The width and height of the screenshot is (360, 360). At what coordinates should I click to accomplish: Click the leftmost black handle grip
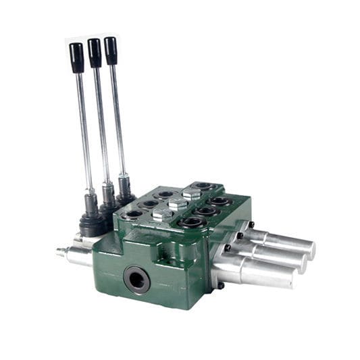(77, 57)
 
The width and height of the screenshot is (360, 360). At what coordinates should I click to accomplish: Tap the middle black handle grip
(95, 51)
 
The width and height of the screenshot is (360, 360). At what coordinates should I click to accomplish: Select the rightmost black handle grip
(111, 49)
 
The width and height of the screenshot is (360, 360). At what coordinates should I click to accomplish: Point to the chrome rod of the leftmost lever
(84, 128)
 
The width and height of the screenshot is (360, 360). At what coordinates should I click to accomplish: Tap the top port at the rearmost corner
(203, 186)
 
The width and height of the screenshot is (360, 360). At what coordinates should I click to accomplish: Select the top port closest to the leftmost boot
(133, 215)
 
